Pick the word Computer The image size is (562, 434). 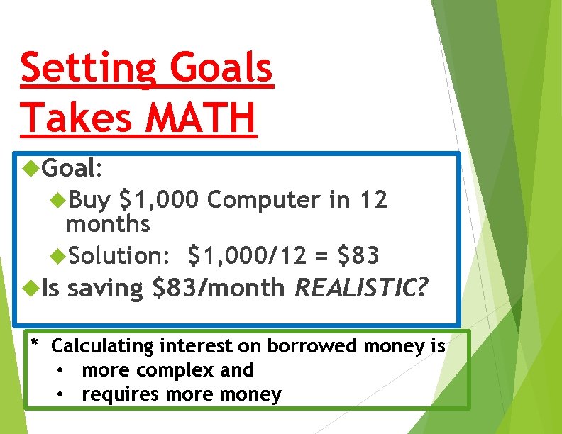click(x=263, y=201)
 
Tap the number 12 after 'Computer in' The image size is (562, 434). click(x=373, y=201)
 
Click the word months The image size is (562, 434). click(x=107, y=225)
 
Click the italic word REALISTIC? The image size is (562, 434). click(x=361, y=288)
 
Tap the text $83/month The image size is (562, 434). click(x=219, y=288)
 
